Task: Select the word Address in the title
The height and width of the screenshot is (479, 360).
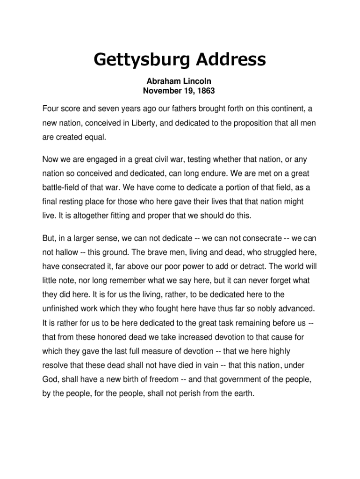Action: point(230,59)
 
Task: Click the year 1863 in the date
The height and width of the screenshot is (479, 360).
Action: point(205,90)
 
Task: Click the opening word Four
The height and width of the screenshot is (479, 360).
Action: point(50,109)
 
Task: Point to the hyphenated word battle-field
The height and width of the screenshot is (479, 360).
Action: point(62,188)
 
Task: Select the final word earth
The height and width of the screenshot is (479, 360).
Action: point(244,393)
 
